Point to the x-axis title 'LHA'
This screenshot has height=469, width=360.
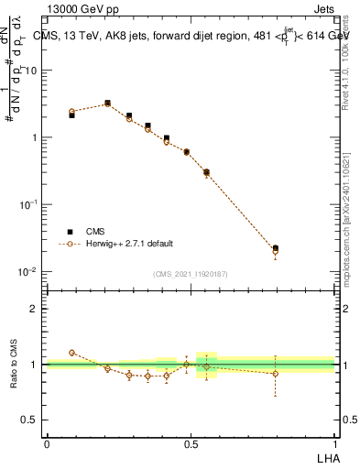pyautogui.click(x=327, y=457)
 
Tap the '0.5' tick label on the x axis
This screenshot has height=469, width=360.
pyautogui.click(x=191, y=443)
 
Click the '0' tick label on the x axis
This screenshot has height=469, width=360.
pyautogui.click(x=47, y=443)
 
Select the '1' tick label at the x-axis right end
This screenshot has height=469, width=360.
pyautogui.click(x=334, y=443)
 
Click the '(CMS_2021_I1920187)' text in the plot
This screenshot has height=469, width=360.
pyautogui.click(x=191, y=274)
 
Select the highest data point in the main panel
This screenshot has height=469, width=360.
pyautogui.click(x=108, y=104)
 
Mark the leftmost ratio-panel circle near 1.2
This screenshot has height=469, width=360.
pyautogui.click(x=72, y=353)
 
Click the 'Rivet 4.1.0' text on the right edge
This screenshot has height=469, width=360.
pyautogui.click(x=349, y=73)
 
